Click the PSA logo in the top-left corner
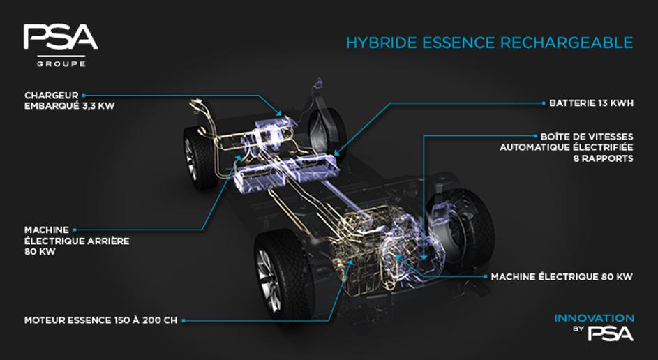coord(61,37)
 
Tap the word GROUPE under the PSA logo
coord(61,64)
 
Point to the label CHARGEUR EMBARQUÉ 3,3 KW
coord(69,100)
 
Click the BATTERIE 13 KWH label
coord(591,103)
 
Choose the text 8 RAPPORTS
coord(604,158)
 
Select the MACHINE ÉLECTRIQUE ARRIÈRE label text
coord(77,241)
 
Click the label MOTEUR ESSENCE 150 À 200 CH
coord(100,320)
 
